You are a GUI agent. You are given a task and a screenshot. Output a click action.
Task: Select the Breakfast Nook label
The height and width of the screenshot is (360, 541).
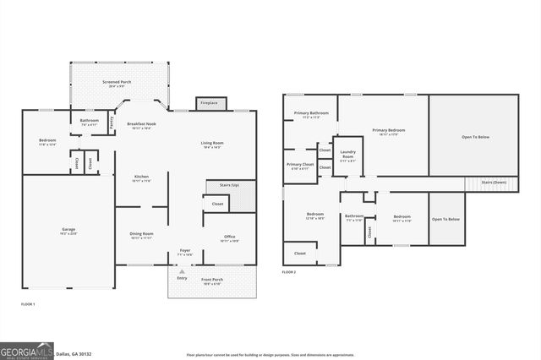(139, 124)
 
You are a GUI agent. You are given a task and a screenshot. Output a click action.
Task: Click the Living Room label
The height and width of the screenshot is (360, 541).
(211, 143)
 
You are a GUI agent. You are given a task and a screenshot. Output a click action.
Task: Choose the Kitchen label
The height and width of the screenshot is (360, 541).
(141, 177)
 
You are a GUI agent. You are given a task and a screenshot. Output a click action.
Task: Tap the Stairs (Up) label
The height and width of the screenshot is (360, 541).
(229, 184)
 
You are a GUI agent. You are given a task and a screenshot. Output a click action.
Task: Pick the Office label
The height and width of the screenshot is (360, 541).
(229, 237)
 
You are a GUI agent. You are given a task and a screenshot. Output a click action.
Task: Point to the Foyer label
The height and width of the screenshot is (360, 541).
(185, 250)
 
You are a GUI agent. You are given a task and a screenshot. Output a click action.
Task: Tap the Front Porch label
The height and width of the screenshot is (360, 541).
(211, 279)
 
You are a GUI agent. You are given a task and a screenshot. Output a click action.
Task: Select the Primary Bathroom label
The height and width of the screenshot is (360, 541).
(311, 113)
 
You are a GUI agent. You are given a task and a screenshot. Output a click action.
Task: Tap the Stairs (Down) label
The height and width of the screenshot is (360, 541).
(494, 183)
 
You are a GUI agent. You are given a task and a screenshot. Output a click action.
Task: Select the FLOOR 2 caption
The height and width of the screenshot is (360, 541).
(290, 272)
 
